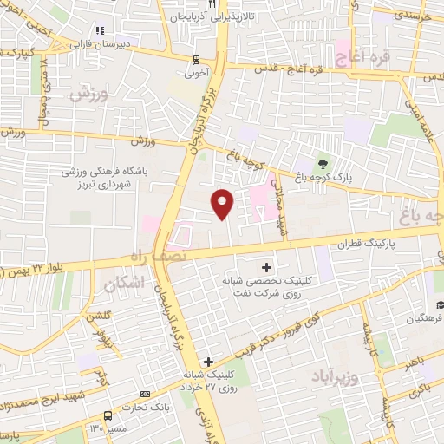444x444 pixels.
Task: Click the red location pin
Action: tap(223, 203)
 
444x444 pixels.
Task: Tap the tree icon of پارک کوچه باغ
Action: tap(323, 164)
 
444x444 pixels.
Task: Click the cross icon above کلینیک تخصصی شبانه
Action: tap(266, 266)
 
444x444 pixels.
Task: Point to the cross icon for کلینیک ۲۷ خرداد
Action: tap(207, 360)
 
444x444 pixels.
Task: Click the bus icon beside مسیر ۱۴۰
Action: tap(108, 415)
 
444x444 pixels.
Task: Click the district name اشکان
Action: tap(121, 284)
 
